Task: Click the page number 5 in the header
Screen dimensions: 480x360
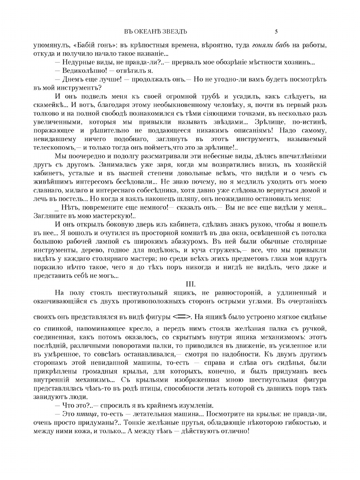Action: point(276,31)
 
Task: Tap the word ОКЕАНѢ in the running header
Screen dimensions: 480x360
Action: point(146,31)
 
